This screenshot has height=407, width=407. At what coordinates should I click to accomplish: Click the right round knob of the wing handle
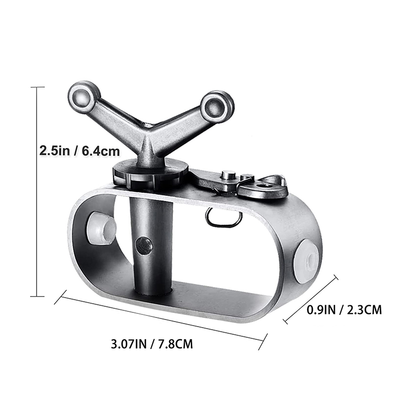(x=217, y=107)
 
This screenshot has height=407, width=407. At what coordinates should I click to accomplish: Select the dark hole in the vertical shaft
(x=144, y=246)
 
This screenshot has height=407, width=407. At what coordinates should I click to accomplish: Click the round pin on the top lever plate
(x=228, y=175)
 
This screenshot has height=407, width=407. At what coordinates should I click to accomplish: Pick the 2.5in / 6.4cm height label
(x=80, y=151)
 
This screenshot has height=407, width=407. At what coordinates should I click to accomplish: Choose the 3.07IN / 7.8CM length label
(x=152, y=344)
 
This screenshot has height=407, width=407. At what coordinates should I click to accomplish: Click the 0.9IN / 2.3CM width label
(x=344, y=310)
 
